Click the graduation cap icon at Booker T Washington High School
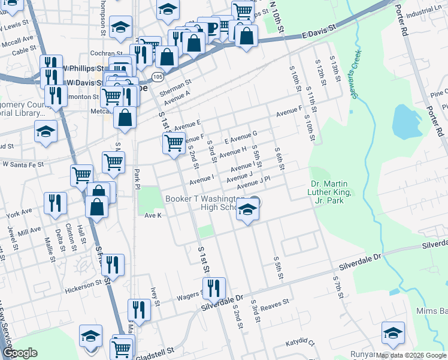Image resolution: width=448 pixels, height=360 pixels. tap(247, 209)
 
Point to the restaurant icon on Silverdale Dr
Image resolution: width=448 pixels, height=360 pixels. tap(213, 288)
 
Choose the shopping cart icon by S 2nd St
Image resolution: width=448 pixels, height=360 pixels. tap(174, 143)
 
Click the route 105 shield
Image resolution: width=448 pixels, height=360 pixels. tap(158, 77)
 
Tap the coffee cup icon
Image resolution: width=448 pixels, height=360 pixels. tap(210, 27)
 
